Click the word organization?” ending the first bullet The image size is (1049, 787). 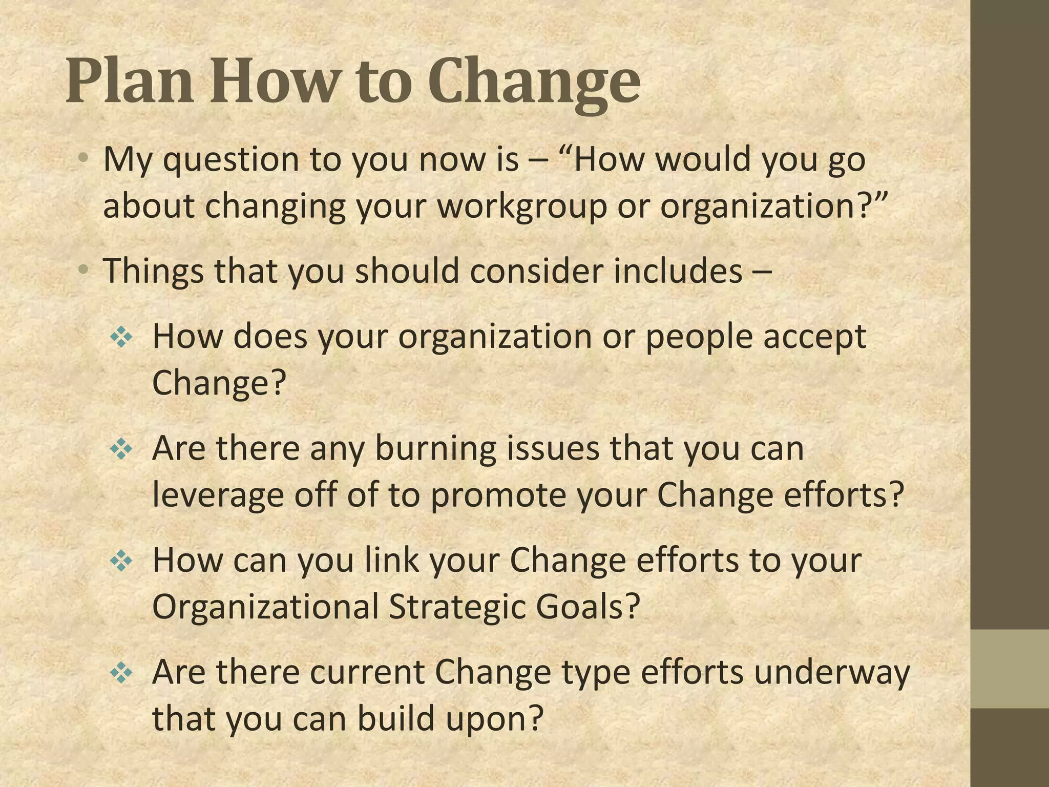coord(773,206)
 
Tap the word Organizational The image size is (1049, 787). coord(265,607)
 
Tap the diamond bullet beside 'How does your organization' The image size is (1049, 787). coord(121,338)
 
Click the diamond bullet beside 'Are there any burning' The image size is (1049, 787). coord(121,450)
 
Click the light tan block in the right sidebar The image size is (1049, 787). coord(1010,669)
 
